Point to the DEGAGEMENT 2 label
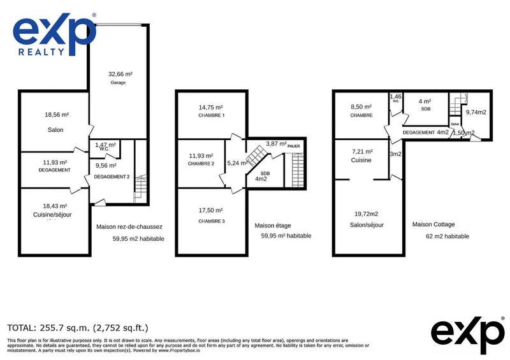[x=112, y=176]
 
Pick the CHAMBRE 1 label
[x=210, y=115]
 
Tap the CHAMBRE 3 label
[x=210, y=220]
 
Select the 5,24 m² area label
[x=235, y=162]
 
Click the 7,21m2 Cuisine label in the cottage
[x=361, y=156]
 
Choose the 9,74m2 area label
[x=476, y=112]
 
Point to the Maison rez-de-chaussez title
[x=129, y=226]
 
